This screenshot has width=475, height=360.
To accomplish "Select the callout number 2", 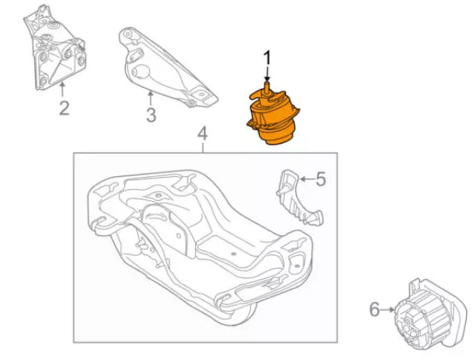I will coord(64,109).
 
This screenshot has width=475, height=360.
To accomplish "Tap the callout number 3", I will coord(151,115).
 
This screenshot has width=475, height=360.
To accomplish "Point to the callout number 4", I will coord(202,135).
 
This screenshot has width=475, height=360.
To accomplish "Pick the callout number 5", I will coord(320,179).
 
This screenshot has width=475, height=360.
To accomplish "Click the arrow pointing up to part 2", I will coord(62,91).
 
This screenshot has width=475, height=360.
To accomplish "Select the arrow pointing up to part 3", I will coord(150,97).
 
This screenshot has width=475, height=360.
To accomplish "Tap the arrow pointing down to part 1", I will coord(267,78).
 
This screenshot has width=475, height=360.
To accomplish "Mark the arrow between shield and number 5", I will coord(306,179).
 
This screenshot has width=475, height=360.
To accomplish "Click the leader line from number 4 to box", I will coord(202,147).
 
